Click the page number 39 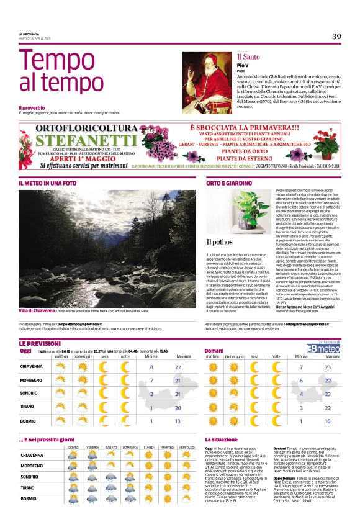(336, 36)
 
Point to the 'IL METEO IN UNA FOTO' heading (48, 183)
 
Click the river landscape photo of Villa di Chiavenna (99, 248)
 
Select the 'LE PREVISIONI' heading (39, 343)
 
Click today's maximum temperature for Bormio (178, 421)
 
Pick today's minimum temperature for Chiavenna (150, 367)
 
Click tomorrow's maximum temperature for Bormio (328, 421)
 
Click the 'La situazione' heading (222, 439)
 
